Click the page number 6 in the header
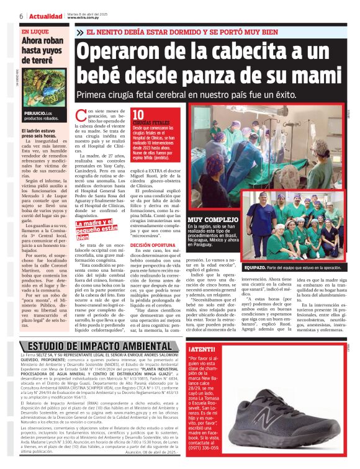21,16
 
